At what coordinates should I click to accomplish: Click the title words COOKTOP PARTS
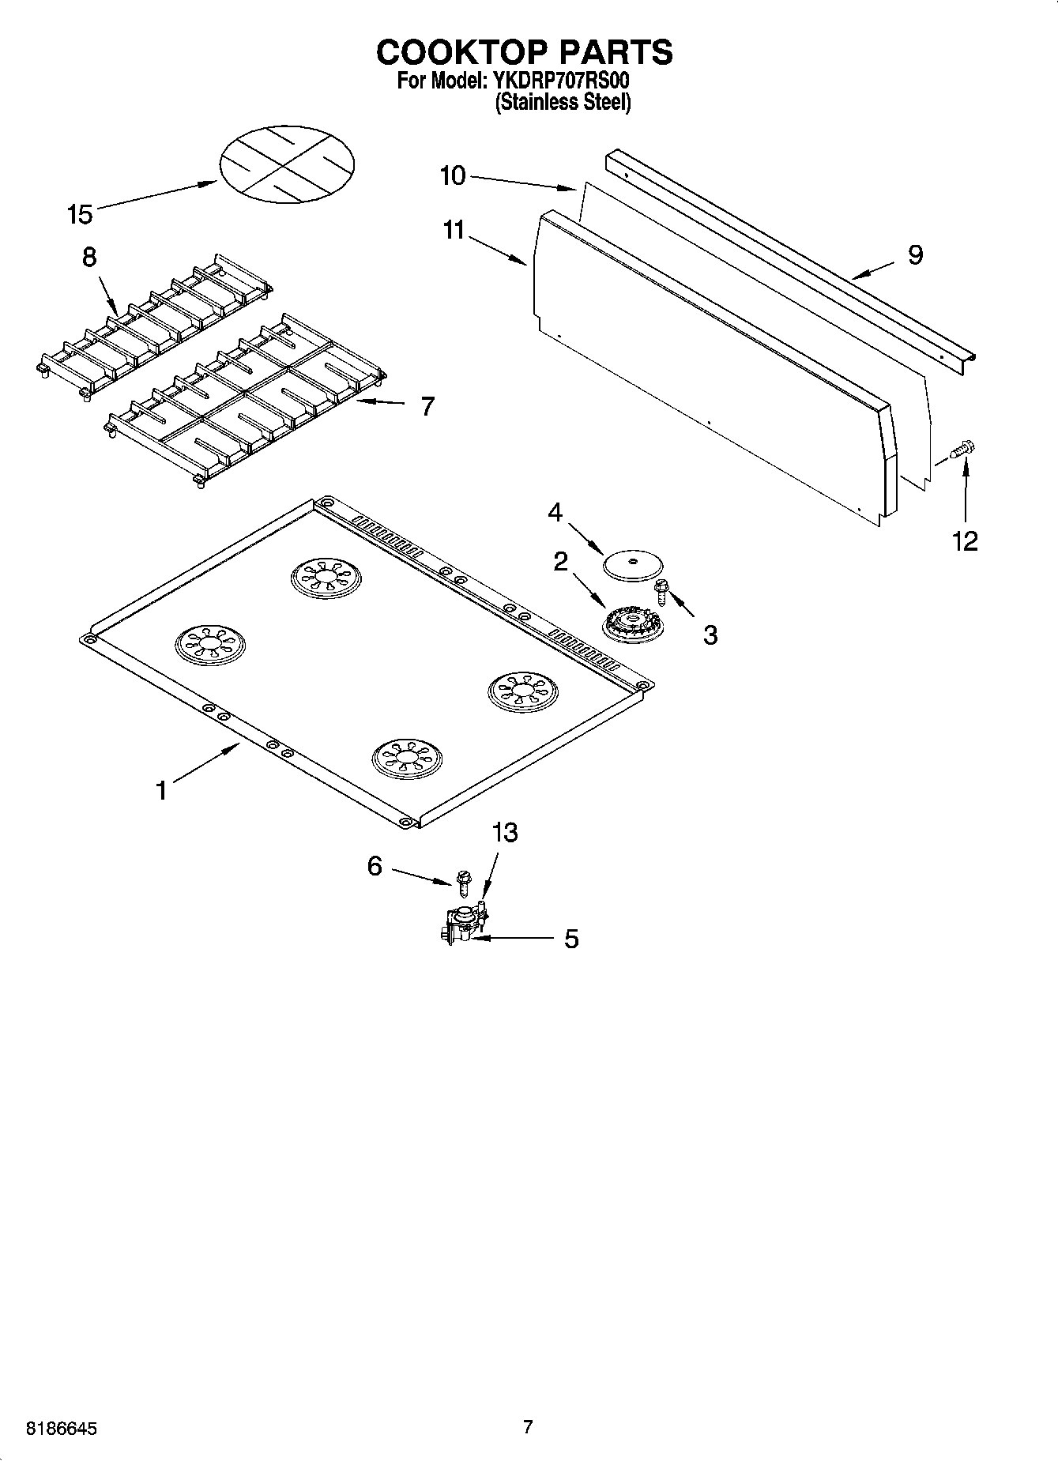pyautogui.click(x=525, y=52)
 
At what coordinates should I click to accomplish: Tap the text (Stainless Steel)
pyautogui.click(x=563, y=103)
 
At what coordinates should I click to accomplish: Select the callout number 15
pyautogui.click(x=80, y=214)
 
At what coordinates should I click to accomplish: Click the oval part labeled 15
pyautogui.click(x=286, y=161)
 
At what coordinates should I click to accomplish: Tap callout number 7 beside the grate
pyautogui.click(x=427, y=406)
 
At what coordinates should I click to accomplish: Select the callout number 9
pyautogui.click(x=915, y=255)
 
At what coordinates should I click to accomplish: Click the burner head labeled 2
pyautogui.click(x=632, y=626)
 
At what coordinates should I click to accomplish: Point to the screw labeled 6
pyautogui.click(x=462, y=879)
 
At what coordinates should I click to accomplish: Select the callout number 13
pyautogui.click(x=504, y=832)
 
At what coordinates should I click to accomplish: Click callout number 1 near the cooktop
pyautogui.click(x=161, y=790)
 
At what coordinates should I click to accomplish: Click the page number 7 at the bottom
pyautogui.click(x=528, y=1426)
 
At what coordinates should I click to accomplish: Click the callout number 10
pyautogui.click(x=453, y=175)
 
